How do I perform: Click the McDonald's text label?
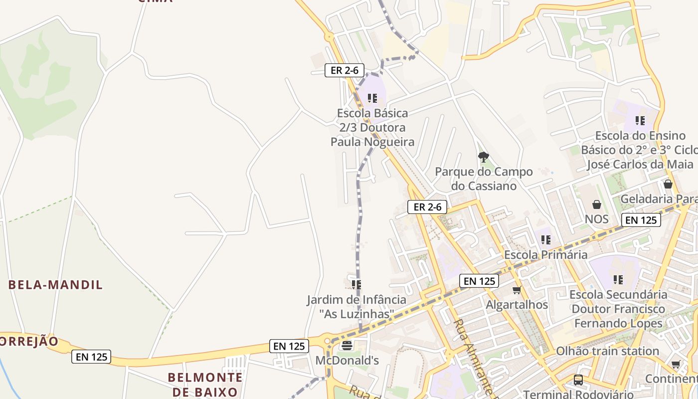click(x=347, y=360)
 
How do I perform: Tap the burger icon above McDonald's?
click(x=347, y=345)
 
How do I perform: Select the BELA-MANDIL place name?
click(x=55, y=285)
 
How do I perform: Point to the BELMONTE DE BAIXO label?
click(x=205, y=384)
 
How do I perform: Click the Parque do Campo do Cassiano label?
click(x=484, y=179)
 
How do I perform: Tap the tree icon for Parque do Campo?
click(x=483, y=157)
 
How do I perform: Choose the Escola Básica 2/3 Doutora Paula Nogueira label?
click(x=372, y=128)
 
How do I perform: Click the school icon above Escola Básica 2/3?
click(x=372, y=98)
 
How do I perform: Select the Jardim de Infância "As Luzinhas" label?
click(x=356, y=307)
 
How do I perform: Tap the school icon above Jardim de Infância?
click(x=356, y=284)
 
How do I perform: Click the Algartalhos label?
click(x=517, y=305)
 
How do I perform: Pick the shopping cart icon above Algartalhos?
click(x=517, y=290)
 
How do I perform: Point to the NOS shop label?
click(x=597, y=219)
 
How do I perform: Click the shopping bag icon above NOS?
click(x=597, y=204)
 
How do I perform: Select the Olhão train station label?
click(x=607, y=351)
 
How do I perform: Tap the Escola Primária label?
click(x=545, y=255)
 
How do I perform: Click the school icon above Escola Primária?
click(x=546, y=240)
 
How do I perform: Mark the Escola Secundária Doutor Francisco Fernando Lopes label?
click(x=618, y=309)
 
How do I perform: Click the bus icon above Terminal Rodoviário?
click(x=578, y=380)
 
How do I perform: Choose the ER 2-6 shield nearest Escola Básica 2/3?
click(x=345, y=70)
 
